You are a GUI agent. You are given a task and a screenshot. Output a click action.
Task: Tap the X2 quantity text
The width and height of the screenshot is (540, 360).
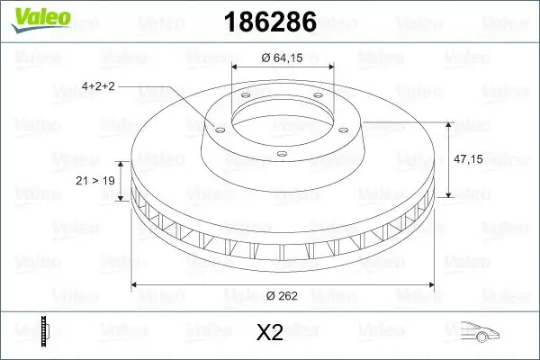(270, 333)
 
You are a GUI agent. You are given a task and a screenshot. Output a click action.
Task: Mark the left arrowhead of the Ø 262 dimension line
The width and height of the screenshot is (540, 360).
(136, 284)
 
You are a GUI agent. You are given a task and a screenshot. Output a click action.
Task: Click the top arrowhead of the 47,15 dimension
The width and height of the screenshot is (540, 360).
(448, 122)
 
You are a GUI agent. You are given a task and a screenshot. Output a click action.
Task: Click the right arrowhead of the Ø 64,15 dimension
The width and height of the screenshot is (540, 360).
(332, 67)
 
